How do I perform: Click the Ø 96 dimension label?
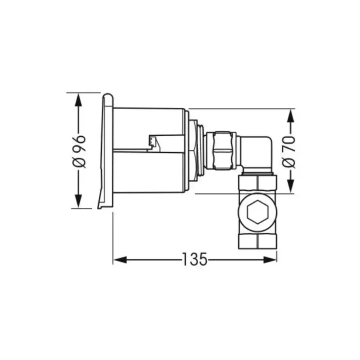click(x=79, y=151)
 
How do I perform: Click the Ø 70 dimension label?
click(x=288, y=152)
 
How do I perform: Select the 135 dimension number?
click(x=195, y=259)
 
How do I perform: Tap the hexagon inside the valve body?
click(x=258, y=212)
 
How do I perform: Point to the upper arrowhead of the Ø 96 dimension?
click(x=78, y=99)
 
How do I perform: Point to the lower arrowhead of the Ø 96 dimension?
click(x=78, y=201)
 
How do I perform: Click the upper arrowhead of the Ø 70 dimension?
click(x=291, y=115)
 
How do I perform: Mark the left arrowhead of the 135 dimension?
click(x=120, y=260)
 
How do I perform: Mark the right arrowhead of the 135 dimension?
click(x=270, y=260)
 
